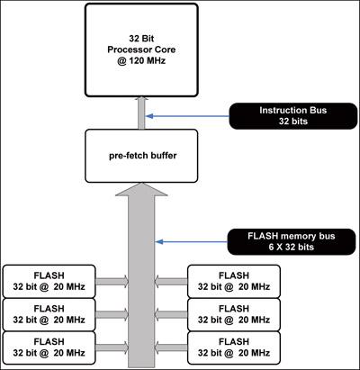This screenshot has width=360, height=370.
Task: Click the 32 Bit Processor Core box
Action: pyautogui.click(x=141, y=50)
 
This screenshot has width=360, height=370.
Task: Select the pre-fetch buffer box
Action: pyautogui.click(x=141, y=156)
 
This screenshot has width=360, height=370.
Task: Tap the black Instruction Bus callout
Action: pyautogui.click(x=293, y=116)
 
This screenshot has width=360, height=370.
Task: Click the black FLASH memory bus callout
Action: pyautogui.click(x=292, y=241)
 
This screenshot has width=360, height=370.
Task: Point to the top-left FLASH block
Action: pyautogui.click(x=49, y=281)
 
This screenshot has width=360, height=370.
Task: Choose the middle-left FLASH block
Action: pyautogui.click(x=49, y=314)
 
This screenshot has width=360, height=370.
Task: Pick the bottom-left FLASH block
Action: pyautogui.click(x=49, y=347)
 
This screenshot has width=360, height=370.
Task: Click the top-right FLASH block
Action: pyautogui.click(x=234, y=281)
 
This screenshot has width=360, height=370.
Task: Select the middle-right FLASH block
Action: pyautogui.click(x=234, y=314)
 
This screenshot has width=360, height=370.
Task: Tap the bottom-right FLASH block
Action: pyautogui.click(x=234, y=347)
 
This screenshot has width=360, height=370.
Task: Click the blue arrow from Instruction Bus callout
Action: pyautogui.click(x=187, y=116)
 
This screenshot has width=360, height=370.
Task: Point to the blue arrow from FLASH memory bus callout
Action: pyautogui.click(x=192, y=241)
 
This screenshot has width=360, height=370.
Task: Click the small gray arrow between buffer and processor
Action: pyautogui.click(x=141, y=113)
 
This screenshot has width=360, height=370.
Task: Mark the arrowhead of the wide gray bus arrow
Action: pyautogui.click(x=141, y=189)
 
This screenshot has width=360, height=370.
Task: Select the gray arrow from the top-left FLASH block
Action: pyautogui.click(x=112, y=281)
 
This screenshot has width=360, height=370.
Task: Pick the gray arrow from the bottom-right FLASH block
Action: pyautogui.click(x=171, y=347)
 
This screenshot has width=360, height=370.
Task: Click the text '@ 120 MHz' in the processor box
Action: pyautogui.click(x=141, y=60)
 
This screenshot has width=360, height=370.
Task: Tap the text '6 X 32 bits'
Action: pyautogui.click(x=292, y=247)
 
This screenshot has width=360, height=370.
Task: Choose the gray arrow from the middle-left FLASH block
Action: pyautogui.click(x=112, y=314)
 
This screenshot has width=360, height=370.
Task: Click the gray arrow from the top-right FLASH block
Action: pyautogui.click(x=171, y=281)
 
